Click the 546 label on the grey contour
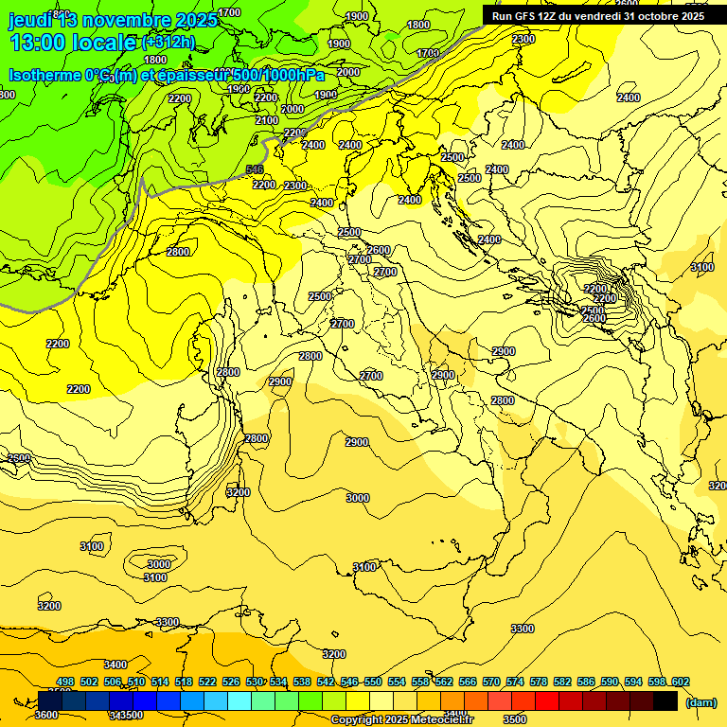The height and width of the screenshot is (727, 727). tap(255, 169)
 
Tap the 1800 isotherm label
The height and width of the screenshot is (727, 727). tap(155, 60)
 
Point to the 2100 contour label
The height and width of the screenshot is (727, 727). tap(267, 121)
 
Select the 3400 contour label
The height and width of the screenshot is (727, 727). tap(115, 665)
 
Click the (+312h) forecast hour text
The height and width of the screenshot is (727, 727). tap(168, 43)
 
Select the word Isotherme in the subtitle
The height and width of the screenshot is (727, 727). tap(44, 75)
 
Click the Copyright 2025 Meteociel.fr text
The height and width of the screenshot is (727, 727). tap(409, 720)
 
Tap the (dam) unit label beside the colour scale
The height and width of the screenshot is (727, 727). tap(700, 702)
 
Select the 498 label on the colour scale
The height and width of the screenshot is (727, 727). tap(65, 682)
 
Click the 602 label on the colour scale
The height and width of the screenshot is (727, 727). tap(680, 682)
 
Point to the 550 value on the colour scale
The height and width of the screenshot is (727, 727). tap(373, 682)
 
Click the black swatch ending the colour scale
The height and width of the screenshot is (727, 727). tap(665, 700)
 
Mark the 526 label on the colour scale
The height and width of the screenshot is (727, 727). tap(231, 682)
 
